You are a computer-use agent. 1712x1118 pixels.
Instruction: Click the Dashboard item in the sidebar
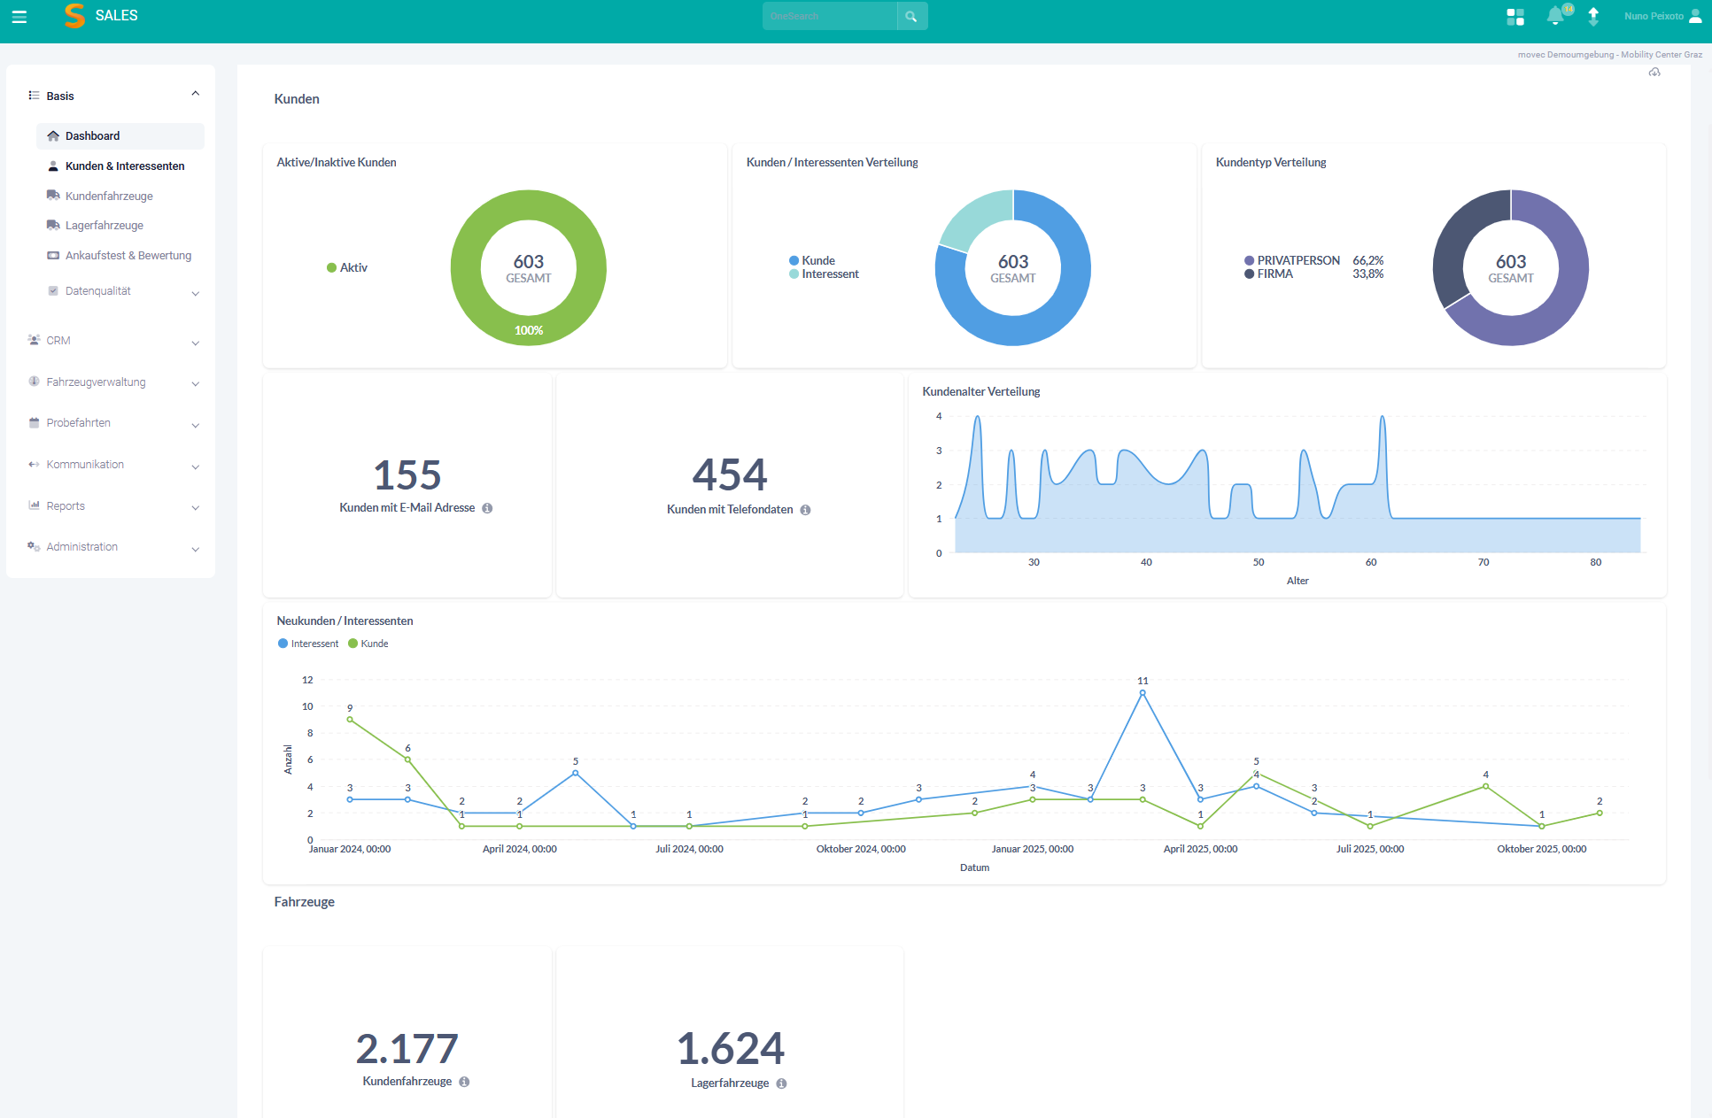92,136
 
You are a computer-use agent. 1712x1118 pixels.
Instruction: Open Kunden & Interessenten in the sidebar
125,166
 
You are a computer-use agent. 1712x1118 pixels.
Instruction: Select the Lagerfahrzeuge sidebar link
104,226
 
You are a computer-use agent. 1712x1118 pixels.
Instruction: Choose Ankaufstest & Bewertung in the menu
128,256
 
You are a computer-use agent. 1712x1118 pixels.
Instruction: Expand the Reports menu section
66,506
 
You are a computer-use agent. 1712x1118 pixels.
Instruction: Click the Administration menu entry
81,547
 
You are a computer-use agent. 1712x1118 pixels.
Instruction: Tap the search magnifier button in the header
911,17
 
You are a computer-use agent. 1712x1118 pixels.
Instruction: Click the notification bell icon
1555,16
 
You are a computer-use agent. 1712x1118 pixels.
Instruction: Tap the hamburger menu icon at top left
19,17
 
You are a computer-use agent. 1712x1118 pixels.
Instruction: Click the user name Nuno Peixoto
1654,16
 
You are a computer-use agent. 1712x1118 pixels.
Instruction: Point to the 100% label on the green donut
529,331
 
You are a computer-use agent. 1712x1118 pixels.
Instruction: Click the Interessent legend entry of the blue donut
830,274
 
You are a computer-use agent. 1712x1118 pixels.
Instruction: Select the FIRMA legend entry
1274,274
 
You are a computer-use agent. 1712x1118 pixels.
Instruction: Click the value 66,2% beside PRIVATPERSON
1367,261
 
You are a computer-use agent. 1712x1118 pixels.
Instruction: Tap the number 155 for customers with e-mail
407,475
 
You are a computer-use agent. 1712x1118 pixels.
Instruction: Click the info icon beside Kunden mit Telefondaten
805,510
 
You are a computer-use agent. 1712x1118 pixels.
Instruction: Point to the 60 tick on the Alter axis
1371,562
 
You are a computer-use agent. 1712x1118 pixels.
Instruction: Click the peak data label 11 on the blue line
1143,681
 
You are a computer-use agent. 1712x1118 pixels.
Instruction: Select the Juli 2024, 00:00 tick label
689,849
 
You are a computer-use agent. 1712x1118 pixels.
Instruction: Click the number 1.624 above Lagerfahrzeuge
731,1049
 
